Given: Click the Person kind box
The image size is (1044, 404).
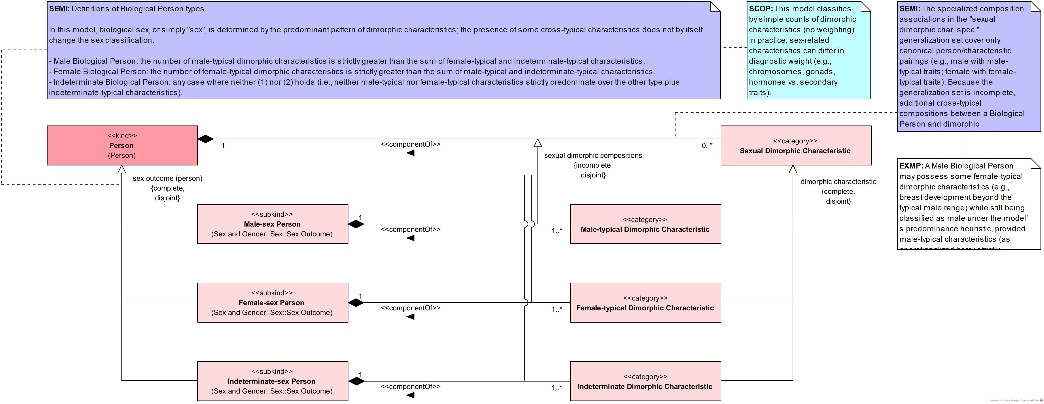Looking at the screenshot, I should click(122, 145).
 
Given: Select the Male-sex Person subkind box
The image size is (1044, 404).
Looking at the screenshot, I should click(272, 224).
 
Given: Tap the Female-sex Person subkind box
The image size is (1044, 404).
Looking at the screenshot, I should click(272, 303).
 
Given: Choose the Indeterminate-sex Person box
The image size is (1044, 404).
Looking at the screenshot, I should click(272, 381).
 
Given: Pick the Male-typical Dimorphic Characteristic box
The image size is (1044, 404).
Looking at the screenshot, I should click(645, 224).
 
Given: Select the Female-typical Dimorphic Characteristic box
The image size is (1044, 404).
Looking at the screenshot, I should click(645, 303).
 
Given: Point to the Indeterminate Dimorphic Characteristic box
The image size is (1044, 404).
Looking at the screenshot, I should click(645, 381).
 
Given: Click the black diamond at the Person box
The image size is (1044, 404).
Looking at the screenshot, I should click(205, 139).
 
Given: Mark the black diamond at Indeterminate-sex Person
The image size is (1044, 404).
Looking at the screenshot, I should click(356, 381).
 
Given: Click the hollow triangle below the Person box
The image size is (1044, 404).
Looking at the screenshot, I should click(122, 169).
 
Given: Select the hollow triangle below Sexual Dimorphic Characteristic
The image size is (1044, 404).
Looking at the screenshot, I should click(793, 169).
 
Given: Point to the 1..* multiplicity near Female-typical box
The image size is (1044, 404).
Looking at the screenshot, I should click(556, 309).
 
